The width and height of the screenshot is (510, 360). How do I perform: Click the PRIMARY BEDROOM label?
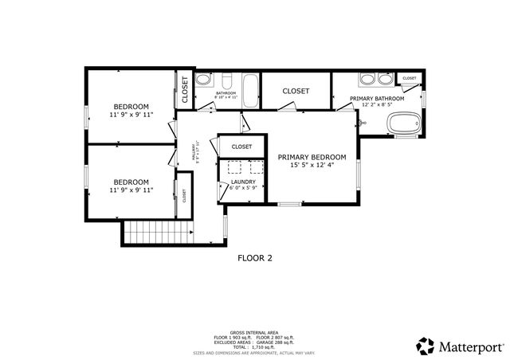(312, 157)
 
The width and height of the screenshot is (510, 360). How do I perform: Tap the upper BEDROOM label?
(131, 107)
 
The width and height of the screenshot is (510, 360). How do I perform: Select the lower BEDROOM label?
(131, 182)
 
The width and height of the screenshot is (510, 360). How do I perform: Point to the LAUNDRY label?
(243, 182)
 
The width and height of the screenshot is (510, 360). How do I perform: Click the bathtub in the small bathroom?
(249, 85)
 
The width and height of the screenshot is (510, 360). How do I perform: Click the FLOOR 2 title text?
(255, 258)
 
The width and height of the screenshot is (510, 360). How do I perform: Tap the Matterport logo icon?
(425, 346)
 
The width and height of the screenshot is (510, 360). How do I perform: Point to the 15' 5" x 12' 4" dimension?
(312, 166)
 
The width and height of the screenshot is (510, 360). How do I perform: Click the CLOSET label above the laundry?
(241, 147)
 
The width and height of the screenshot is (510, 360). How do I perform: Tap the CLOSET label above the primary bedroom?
(296, 92)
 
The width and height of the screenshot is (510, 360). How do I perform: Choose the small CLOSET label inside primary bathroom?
(409, 78)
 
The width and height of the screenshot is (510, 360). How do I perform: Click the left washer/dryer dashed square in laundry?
(234, 166)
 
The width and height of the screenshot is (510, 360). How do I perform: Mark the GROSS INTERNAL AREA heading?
(254, 332)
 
